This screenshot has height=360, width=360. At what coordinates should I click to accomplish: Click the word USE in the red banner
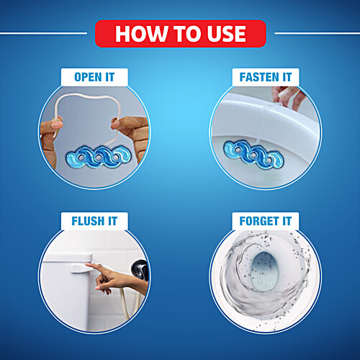227,34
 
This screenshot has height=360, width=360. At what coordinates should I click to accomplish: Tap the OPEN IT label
94,77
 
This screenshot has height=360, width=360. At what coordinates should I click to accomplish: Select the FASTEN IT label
266,77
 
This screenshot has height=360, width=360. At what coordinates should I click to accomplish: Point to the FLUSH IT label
94,221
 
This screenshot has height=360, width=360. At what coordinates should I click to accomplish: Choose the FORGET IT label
266,221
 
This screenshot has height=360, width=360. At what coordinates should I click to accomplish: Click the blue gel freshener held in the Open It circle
99,157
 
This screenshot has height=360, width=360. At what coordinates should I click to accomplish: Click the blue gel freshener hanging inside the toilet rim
253,155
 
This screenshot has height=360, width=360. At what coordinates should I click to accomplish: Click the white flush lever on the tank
79,268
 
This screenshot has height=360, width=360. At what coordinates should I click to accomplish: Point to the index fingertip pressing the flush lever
87,265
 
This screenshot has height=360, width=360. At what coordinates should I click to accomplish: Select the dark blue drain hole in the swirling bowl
264,271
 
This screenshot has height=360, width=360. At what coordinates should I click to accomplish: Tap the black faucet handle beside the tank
140,270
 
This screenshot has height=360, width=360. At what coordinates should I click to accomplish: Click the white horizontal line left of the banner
43,33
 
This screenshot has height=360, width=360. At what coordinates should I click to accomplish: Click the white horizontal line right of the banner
318,33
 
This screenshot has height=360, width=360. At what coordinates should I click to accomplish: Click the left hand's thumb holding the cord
57,123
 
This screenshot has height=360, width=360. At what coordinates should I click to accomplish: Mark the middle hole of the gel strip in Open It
99,158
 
